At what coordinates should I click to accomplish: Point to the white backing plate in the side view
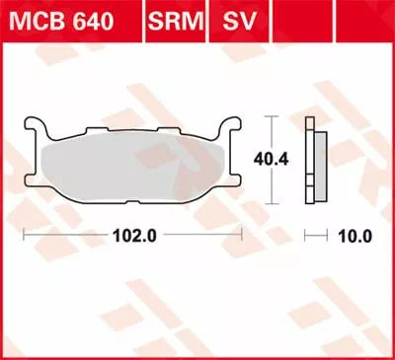coord(308,158)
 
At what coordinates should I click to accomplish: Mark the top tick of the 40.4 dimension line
coord(269,117)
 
